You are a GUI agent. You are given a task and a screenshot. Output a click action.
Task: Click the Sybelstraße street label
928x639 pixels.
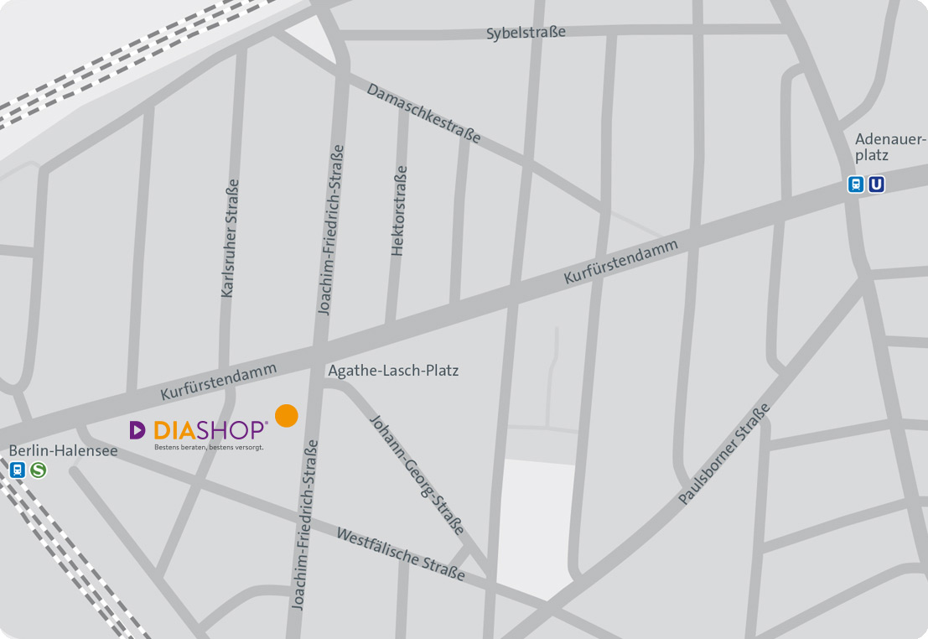point(526,33)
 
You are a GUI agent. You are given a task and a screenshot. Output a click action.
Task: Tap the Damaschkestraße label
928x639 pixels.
point(423,112)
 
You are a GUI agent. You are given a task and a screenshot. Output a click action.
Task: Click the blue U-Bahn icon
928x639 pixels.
point(876,184)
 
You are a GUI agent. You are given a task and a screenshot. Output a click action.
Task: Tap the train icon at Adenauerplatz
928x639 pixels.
point(856,184)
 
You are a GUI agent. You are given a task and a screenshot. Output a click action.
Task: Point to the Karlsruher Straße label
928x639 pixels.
point(231,238)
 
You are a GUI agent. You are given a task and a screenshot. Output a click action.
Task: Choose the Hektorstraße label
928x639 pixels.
point(399,210)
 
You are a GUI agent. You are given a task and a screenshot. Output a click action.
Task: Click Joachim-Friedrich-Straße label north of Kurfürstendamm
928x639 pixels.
point(331,230)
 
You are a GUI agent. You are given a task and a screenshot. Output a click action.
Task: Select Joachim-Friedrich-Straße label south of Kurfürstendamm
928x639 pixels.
point(303,524)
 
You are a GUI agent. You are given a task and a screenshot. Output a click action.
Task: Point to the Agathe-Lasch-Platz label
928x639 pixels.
point(393,370)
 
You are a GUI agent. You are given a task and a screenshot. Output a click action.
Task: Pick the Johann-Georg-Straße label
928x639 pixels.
point(417,475)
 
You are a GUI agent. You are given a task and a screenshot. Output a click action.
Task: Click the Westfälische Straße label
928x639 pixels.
point(401,553)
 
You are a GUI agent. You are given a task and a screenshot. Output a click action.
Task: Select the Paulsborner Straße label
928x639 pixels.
point(724,454)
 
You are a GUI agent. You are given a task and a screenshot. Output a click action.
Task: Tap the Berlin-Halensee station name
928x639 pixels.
point(63,451)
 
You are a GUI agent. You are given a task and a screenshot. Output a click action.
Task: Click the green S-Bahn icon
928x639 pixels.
point(38,470)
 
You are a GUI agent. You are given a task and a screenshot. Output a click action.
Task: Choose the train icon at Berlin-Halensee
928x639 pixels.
point(18,470)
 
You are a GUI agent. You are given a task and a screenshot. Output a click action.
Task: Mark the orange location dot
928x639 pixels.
point(287,416)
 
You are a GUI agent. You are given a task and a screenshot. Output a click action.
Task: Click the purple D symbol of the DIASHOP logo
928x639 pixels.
point(137,430)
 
